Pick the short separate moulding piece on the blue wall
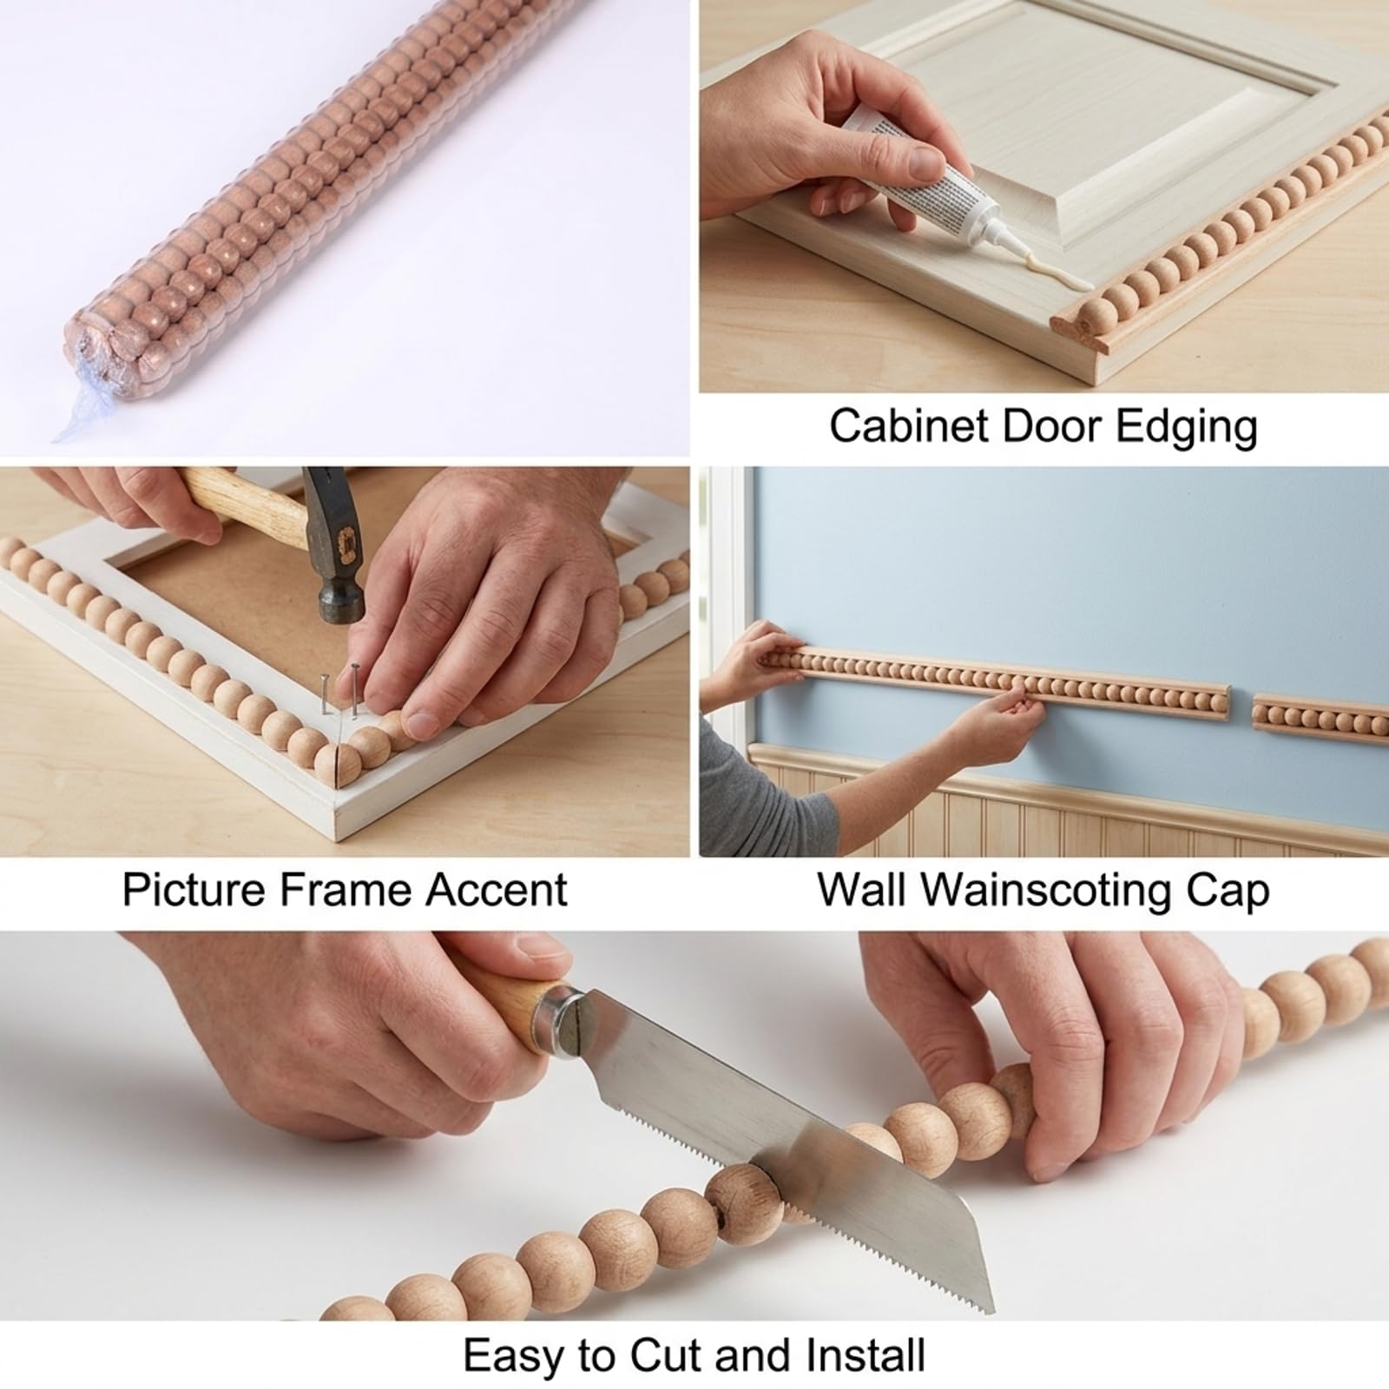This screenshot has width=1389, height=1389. click(x=1320, y=714)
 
